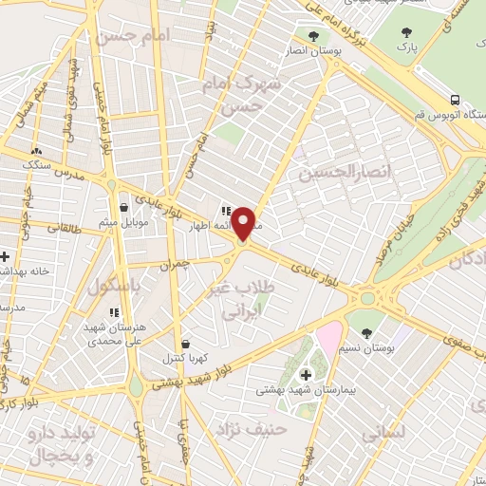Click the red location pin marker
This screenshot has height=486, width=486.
pos(243,223)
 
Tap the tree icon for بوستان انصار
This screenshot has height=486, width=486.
pos(312,36)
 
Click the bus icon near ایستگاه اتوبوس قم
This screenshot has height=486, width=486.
pos(456,100)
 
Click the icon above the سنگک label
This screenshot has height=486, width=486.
pos(36,150)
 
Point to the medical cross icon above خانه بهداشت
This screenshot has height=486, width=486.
pos(5,256)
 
